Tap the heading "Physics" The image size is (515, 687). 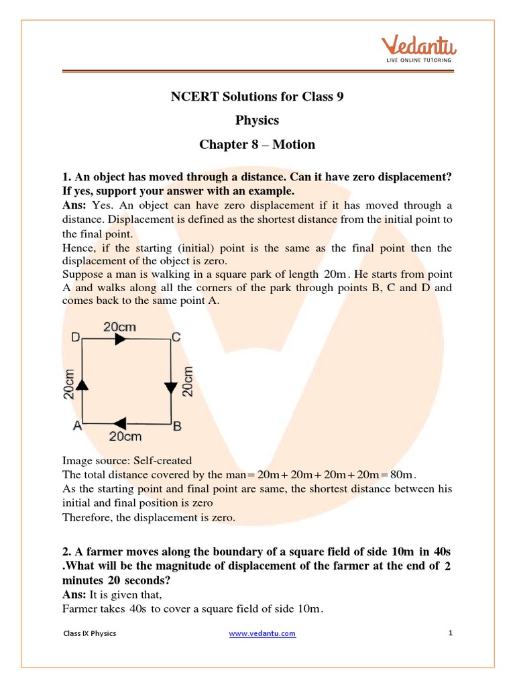pos(257,121)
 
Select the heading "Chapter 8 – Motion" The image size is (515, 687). pos(257,145)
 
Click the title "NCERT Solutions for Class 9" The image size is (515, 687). pos(257,97)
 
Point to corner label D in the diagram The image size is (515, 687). pos(76,338)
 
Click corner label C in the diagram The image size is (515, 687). pos(176,338)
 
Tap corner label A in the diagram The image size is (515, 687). pos(77,425)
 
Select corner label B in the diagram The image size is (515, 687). pos(177,425)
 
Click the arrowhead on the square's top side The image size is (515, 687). pos(121,339)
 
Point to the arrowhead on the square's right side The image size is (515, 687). pos(170,388)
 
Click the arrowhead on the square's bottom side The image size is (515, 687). pos(121,423)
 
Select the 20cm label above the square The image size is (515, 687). pos(119,327)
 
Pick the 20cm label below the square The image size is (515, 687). pos(125,437)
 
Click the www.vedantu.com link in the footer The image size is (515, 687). pos(262,633)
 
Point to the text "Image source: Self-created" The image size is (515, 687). pos(127,461)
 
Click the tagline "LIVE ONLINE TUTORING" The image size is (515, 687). pos(419,60)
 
